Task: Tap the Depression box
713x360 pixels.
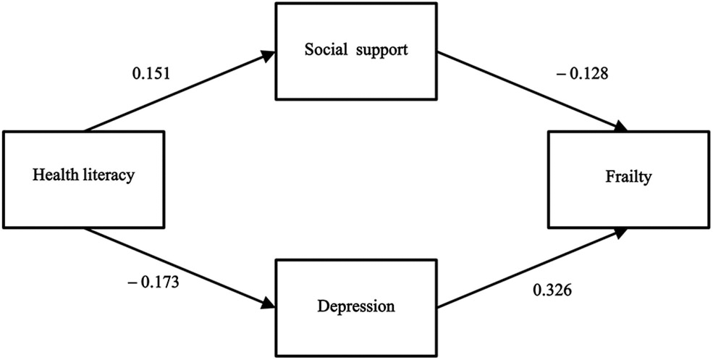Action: tap(356, 306)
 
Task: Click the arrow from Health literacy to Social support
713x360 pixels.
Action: tap(179, 91)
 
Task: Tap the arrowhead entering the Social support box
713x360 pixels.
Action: tap(269, 53)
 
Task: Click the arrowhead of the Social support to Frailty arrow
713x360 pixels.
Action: tap(620, 127)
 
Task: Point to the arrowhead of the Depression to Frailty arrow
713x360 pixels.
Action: tap(620, 231)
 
